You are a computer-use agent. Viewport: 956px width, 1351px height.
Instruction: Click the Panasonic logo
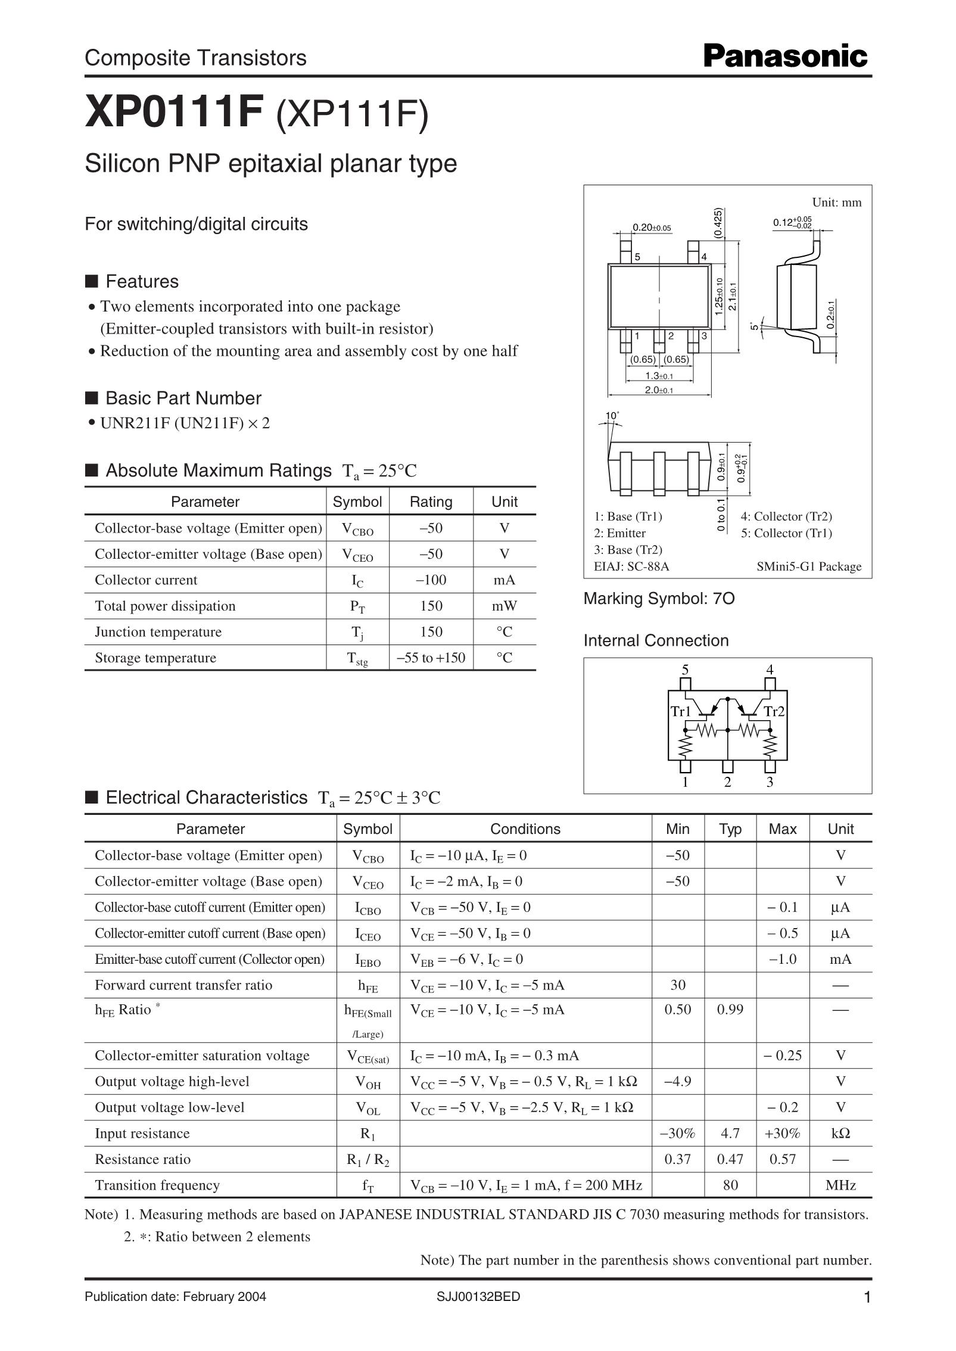coord(786,57)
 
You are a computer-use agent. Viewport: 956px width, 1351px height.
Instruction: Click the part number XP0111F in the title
coord(175,112)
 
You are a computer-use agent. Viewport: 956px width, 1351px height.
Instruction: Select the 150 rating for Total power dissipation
coord(431,606)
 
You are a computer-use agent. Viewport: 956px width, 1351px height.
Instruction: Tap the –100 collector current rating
coord(431,580)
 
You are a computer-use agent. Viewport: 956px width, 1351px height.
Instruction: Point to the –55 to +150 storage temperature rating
coord(431,658)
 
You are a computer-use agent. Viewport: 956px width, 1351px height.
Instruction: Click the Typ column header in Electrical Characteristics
coord(730,829)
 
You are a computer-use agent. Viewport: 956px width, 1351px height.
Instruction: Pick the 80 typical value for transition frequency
coord(730,1185)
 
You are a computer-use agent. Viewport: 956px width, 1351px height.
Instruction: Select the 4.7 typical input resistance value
coord(730,1133)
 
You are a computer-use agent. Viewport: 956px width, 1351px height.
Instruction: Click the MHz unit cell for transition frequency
coord(840,1185)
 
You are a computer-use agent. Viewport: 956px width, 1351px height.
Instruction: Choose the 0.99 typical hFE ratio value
coord(730,1009)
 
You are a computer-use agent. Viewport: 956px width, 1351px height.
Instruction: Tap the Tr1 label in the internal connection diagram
coord(681,711)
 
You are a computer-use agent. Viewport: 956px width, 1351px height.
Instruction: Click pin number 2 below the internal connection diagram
coord(727,782)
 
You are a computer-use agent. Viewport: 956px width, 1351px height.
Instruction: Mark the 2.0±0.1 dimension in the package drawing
coord(659,390)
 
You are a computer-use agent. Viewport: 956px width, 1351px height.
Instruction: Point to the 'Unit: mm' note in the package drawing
coord(836,203)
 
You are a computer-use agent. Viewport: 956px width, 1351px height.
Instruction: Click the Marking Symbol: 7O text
coord(659,599)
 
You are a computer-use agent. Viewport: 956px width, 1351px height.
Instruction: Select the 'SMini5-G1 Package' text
coord(809,566)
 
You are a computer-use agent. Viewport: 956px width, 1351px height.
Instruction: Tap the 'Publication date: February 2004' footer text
coord(176,1297)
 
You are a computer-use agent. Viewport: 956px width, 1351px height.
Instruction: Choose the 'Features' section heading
coord(142,281)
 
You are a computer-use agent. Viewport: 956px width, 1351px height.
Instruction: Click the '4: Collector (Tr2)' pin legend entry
coord(786,516)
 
